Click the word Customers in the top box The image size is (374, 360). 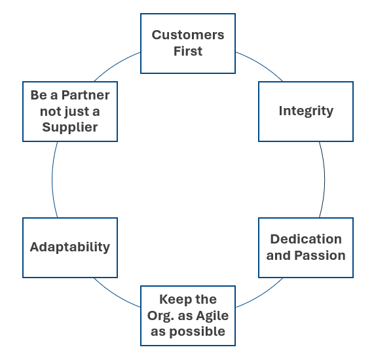188,35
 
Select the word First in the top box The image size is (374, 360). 188,51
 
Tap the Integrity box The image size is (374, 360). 306,111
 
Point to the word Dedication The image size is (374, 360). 306,239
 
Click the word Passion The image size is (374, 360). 320,255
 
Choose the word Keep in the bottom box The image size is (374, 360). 171,299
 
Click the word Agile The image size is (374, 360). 212,316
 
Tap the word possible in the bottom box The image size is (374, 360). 197,332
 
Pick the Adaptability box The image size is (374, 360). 70,247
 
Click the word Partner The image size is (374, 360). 86,95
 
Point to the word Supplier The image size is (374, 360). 70,127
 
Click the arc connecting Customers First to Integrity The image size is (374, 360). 261,65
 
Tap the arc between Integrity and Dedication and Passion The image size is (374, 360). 324,179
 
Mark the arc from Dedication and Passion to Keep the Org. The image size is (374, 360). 261,295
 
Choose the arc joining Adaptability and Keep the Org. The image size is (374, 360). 115,295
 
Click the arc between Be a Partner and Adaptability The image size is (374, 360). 52,179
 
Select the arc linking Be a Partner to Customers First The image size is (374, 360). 116,65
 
